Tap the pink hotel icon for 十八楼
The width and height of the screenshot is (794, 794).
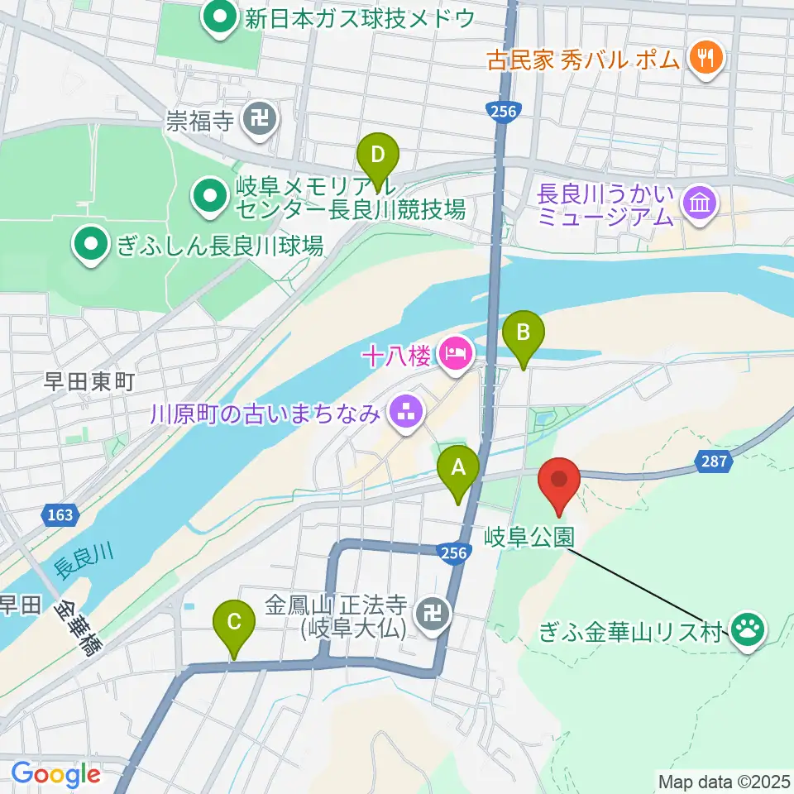point(454,355)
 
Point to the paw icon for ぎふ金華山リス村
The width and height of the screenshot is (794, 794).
point(750,629)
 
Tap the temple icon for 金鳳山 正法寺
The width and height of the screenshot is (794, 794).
point(431,614)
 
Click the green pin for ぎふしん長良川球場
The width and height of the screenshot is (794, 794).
point(92,244)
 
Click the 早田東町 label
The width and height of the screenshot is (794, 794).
point(89,381)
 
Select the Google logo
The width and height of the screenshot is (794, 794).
point(55,775)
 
